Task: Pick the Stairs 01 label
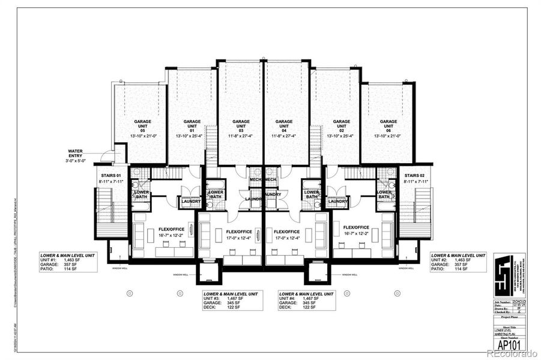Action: [x=109, y=175]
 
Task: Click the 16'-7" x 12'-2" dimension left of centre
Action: [x=171, y=235]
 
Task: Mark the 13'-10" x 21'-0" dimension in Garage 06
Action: [x=388, y=137]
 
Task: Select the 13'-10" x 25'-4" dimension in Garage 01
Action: [x=192, y=137]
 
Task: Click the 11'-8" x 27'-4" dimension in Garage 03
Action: [x=240, y=137]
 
